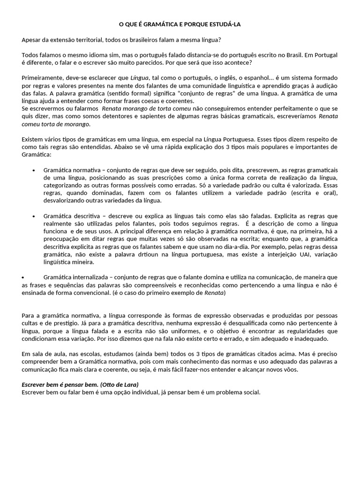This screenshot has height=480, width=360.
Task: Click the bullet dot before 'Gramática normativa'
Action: (x=34, y=170)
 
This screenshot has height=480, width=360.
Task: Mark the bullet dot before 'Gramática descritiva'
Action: (x=34, y=216)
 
